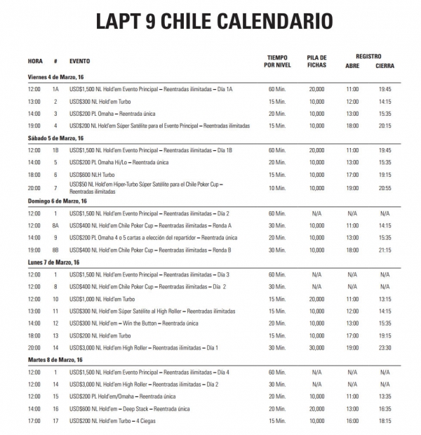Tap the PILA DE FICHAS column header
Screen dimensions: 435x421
coord(316,61)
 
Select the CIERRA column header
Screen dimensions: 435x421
coord(385,66)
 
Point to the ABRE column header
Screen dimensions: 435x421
coord(352,66)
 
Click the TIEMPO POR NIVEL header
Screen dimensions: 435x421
coord(276,61)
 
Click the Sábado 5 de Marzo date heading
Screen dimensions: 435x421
coord(55,138)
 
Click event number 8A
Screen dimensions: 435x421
coord(55,225)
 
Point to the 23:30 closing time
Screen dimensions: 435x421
coord(385,347)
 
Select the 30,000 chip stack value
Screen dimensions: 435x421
coord(316,347)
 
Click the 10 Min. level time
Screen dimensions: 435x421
coord(276,188)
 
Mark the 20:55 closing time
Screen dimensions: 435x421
coord(385,188)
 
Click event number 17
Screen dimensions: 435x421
coord(55,421)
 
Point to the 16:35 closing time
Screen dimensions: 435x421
coord(385,408)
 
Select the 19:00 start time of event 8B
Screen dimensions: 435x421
coord(34,250)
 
